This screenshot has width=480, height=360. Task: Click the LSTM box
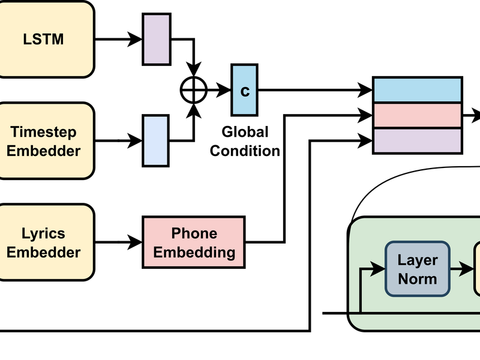tap(47, 40)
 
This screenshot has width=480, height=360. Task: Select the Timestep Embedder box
tap(47, 141)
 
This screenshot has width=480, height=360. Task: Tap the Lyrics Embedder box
tap(47, 242)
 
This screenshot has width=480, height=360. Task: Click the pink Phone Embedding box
tap(194, 242)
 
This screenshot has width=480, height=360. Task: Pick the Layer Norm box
tap(418, 269)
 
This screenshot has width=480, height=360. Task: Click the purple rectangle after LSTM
tap(156, 40)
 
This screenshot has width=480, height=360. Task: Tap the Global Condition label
tap(245, 141)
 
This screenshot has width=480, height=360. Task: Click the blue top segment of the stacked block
tap(418, 89)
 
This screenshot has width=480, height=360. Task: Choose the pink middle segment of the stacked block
tap(418, 115)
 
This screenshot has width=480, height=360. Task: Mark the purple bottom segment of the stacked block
tap(418, 140)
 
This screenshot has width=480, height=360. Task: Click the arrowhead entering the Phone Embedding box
tap(137, 242)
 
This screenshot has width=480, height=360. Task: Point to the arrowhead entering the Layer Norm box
tap(379, 269)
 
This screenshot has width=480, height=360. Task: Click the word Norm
tap(418, 278)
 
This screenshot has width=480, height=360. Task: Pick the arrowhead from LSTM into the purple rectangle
tap(137, 40)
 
